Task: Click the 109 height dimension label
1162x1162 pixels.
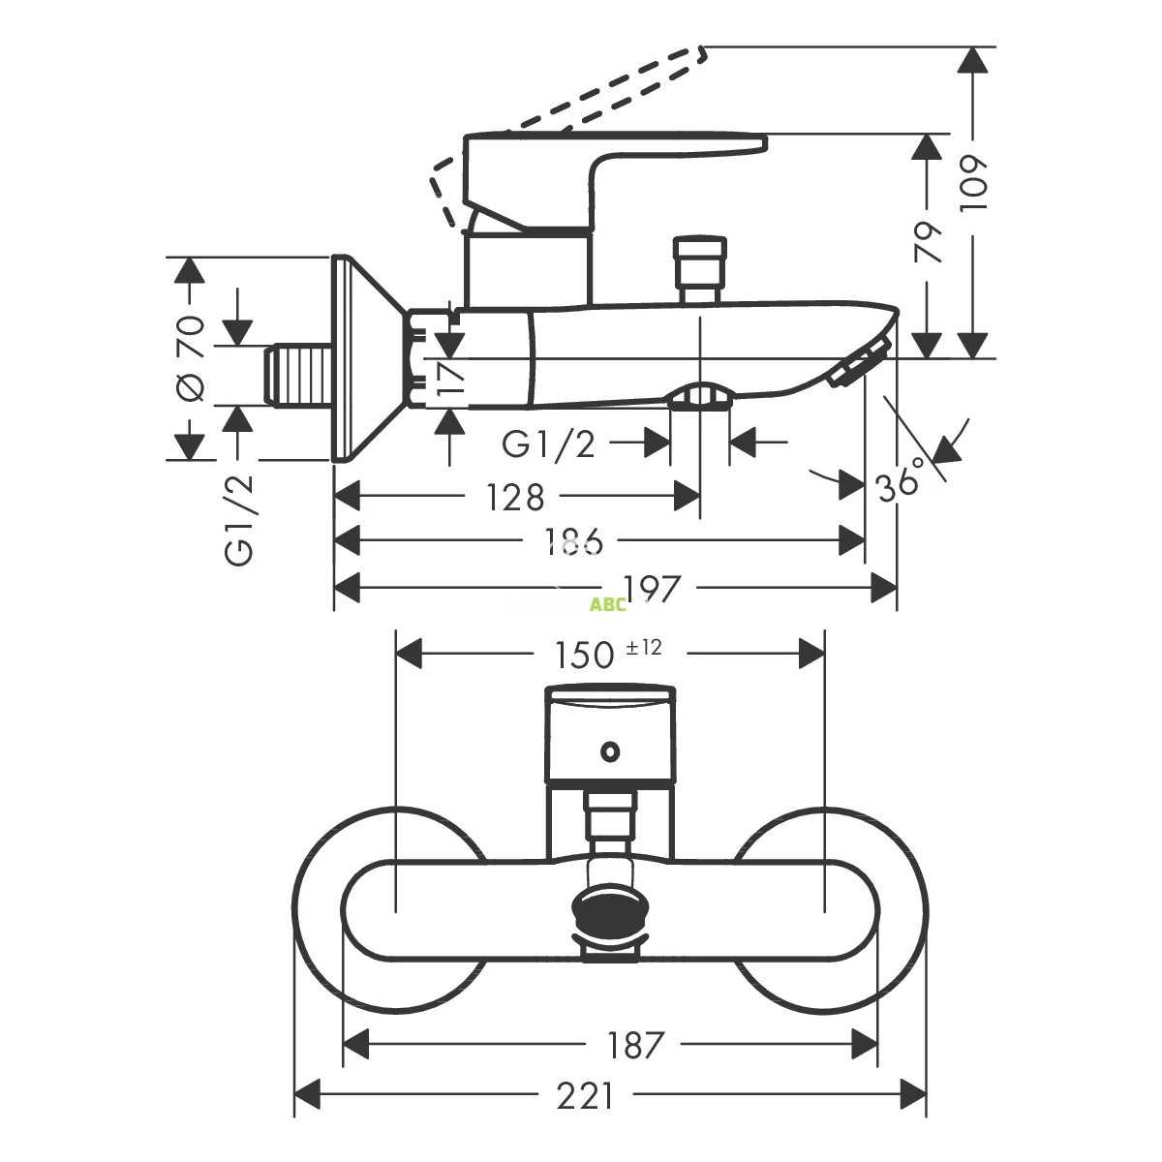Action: pyautogui.click(x=975, y=182)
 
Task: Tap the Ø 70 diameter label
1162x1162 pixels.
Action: pyautogui.click(x=191, y=359)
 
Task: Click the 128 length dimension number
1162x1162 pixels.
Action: pyautogui.click(x=516, y=498)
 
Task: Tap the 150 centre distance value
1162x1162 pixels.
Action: pyautogui.click(x=585, y=656)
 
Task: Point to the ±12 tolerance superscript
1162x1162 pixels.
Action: pyautogui.click(x=644, y=647)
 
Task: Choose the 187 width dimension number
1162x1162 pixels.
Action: pyautogui.click(x=635, y=1045)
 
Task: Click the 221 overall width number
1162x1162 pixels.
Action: pyautogui.click(x=585, y=1096)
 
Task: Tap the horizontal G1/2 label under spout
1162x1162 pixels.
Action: pyautogui.click(x=548, y=444)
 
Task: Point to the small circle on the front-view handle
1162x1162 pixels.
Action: pyautogui.click(x=610, y=749)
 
